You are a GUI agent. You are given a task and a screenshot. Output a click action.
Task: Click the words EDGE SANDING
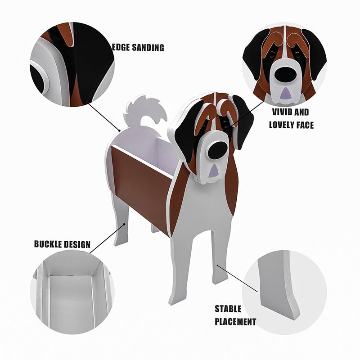(x=138, y=47)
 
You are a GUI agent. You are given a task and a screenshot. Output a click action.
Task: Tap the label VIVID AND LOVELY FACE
(x=291, y=118)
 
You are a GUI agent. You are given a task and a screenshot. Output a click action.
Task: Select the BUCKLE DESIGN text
(x=62, y=245)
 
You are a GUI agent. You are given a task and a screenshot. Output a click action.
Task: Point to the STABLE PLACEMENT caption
(x=235, y=315)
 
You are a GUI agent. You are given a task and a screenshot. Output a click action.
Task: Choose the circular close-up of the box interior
(x=72, y=292)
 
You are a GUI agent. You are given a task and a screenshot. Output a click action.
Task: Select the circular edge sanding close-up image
(x=72, y=63)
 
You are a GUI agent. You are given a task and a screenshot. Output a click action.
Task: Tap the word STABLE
(x=228, y=309)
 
